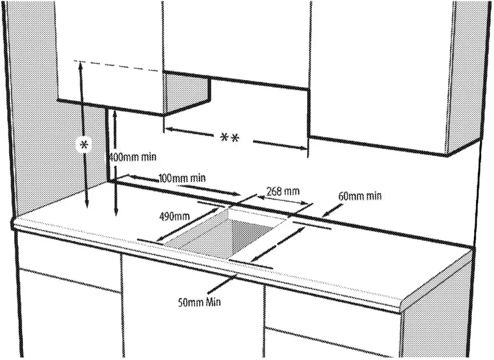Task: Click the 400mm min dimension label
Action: tap(133, 157)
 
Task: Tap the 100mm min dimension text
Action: tap(182, 178)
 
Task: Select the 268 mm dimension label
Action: tap(283, 191)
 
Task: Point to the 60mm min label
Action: tap(360, 196)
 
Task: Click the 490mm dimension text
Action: tap(174, 217)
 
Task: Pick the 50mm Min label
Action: tap(199, 301)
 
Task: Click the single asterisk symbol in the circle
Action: tap(84, 144)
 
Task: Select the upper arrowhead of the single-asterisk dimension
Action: tap(81, 65)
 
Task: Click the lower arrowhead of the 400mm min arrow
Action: tap(116, 214)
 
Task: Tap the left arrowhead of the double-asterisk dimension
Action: tap(168, 129)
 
